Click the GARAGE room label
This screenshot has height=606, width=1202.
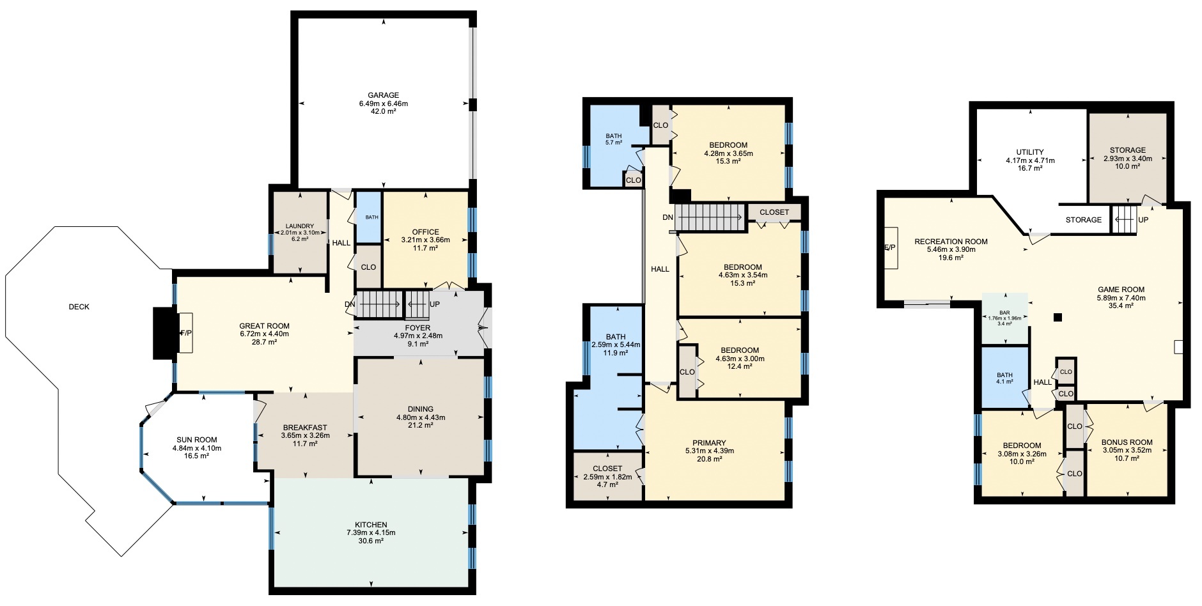[383, 95]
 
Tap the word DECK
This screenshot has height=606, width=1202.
[79, 307]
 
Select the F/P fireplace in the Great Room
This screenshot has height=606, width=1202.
[186, 333]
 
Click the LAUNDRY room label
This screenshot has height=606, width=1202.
[300, 226]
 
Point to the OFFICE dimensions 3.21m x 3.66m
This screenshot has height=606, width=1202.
[425, 240]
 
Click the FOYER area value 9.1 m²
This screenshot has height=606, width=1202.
[418, 344]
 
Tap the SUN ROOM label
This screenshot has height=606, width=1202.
[197, 440]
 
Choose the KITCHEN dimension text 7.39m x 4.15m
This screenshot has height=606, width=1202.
[371, 532]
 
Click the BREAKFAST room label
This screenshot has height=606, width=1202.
[305, 428]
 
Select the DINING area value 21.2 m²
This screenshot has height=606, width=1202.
[421, 425]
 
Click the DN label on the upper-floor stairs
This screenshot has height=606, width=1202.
[667, 217]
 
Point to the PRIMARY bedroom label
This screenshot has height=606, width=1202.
[709, 443]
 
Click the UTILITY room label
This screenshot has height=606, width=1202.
[1030, 152]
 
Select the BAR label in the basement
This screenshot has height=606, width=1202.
[1004, 313]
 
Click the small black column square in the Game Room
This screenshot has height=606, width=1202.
[1058, 317]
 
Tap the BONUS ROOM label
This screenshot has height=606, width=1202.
[1127, 442]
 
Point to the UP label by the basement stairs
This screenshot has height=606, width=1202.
[1143, 220]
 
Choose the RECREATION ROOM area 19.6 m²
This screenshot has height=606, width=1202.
[951, 258]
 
